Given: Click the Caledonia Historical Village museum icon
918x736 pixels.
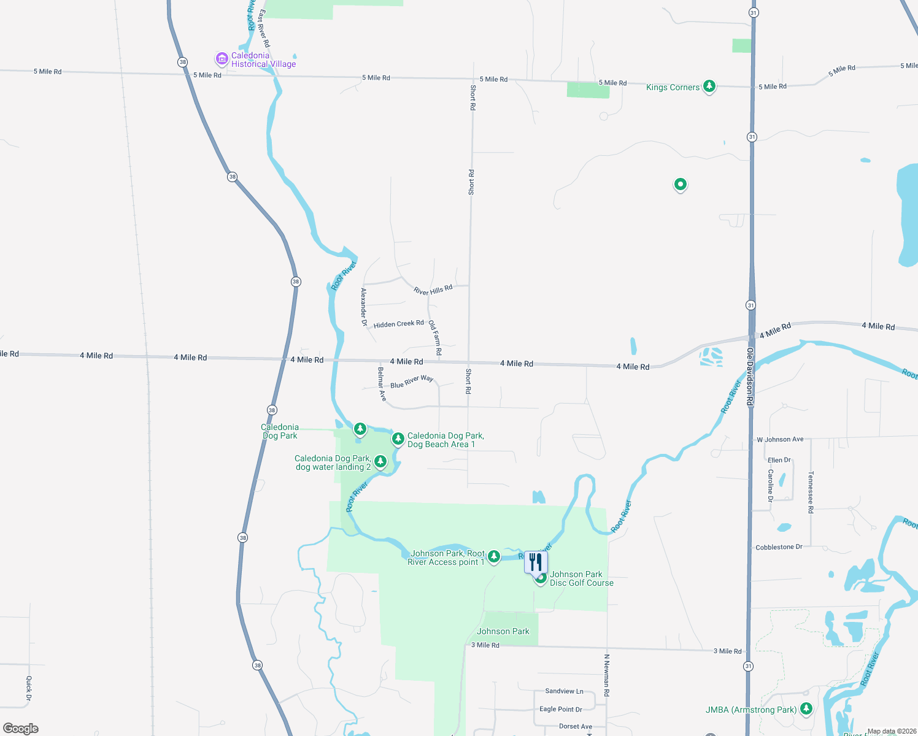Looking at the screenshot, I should point(222,59).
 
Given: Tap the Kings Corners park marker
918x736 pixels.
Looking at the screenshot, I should point(709,86).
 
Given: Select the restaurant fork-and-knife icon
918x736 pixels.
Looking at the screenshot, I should point(536,562).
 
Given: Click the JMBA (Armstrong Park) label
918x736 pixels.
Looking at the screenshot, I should point(750,710).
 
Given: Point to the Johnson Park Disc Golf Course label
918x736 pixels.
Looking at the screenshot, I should point(581,578).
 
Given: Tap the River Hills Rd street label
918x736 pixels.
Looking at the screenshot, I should point(433,289).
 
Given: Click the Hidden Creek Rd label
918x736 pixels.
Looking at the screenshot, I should point(398,324).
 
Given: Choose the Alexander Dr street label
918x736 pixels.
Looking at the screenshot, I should point(364,307).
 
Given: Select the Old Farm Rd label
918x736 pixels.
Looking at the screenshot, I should point(435,337).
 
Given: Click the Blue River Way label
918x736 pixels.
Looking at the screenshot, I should point(412,381).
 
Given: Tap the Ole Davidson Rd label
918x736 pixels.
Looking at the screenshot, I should point(750,376).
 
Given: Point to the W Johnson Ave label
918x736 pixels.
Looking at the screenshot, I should point(780,439).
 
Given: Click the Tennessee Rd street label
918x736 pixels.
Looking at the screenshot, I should point(811,492).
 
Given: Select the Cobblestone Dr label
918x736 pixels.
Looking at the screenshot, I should point(779,547).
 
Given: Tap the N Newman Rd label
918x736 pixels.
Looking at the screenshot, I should point(606,675).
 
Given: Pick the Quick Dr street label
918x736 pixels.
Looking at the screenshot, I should point(29,688).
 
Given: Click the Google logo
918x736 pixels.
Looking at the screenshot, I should point(21,728).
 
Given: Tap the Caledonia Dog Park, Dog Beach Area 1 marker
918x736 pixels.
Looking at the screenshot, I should point(398,439).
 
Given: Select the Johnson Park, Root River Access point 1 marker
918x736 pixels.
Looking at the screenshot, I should point(494,557).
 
